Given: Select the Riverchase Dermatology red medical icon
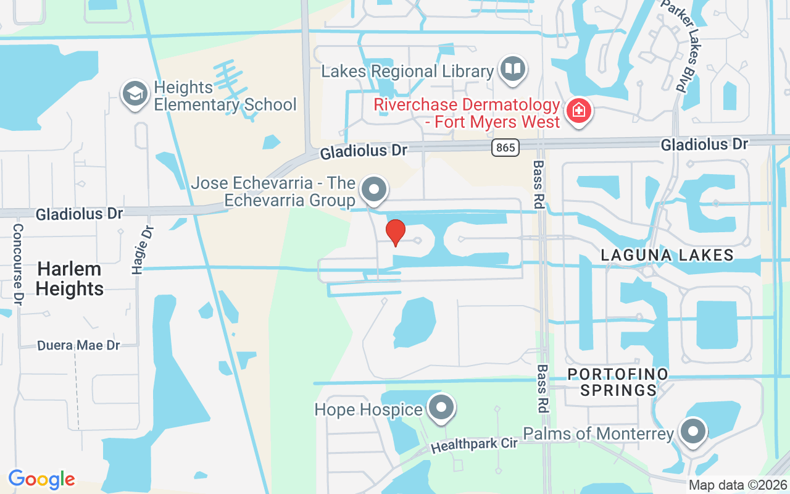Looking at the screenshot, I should pos(579,112).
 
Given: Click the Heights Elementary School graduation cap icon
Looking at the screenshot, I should pos(134,94).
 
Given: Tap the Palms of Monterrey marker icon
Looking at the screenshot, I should pos(692,431).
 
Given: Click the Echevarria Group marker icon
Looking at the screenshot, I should pos(373,189).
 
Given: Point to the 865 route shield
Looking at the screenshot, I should pos(505,148).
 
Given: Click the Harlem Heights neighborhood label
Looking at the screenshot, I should pos(70,278).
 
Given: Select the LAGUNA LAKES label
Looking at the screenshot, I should pos(667,255).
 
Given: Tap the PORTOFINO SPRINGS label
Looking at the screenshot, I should pos(618,382).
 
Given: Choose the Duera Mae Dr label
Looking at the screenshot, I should pos(78,345).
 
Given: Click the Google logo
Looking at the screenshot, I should pos(41,479).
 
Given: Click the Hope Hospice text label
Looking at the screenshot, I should pos(368,409).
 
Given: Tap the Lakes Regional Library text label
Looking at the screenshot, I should pos(407,71).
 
